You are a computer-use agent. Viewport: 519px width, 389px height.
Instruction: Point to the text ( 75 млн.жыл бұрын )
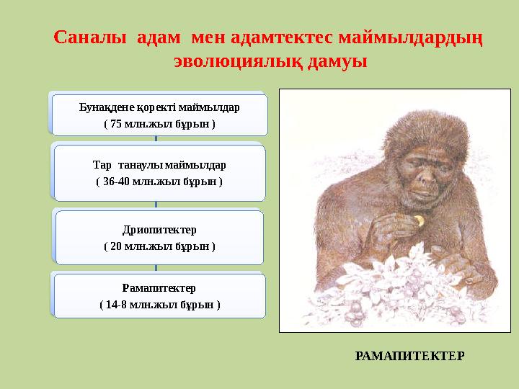click(x=159, y=123)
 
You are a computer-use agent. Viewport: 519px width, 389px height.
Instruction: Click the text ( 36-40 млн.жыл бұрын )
click(x=159, y=181)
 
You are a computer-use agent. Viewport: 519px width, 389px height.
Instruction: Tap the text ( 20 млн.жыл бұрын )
click(x=159, y=246)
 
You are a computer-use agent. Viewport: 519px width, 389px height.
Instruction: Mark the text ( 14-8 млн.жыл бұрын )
click(x=159, y=304)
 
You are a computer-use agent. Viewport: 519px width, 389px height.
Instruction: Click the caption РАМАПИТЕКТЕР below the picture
click(x=409, y=356)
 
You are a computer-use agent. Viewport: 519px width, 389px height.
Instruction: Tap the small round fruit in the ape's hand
click(x=417, y=219)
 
